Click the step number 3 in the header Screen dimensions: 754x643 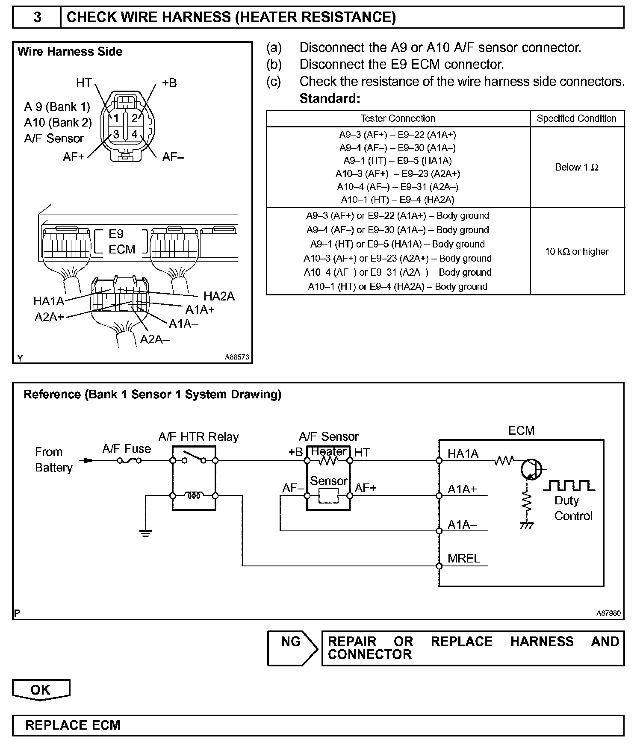pos(37,17)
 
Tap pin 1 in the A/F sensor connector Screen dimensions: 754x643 pos(115,118)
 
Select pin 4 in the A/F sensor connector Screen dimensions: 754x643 pos(134,134)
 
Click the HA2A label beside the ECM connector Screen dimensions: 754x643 pos(219,296)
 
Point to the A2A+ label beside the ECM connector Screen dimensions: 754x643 pos(49,317)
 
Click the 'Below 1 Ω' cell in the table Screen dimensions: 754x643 pos(577,167)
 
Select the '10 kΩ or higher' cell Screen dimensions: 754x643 pos(577,251)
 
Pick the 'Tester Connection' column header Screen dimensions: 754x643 pos(398,118)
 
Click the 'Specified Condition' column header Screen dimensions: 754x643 pos(577,118)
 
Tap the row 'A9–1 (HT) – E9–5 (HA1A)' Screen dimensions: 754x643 pos(398,161)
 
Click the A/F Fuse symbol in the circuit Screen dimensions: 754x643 pos(129,461)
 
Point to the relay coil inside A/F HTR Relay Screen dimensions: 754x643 pos(194,496)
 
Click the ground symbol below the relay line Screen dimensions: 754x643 pos(146,533)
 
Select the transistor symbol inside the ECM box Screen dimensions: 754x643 pos(531,469)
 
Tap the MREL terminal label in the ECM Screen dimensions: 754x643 pos(464,558)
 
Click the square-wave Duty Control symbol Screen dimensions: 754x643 pos(569,486)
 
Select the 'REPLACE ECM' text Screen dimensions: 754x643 pos(73,725)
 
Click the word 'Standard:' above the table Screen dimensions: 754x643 pos(330,99)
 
